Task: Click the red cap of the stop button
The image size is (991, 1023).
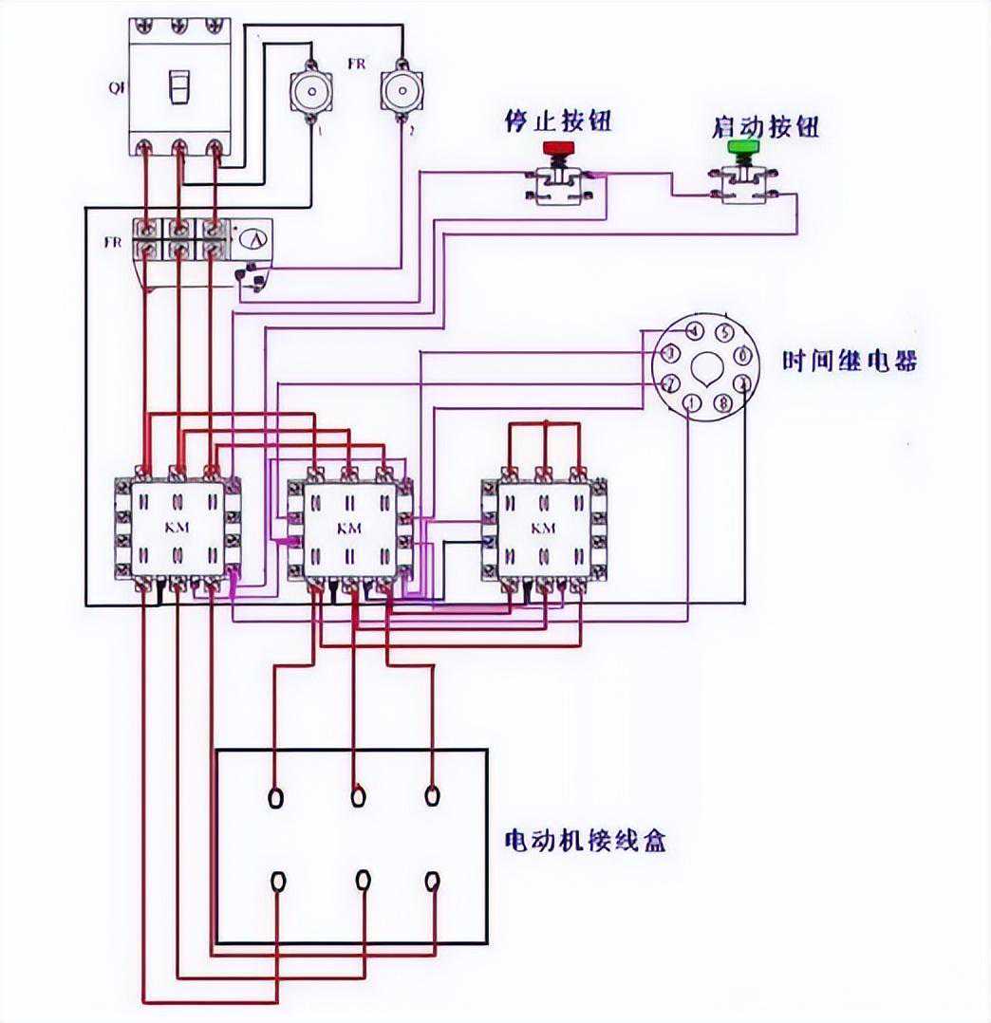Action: click(x=558, y=148)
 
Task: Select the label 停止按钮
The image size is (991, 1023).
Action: click(x=557, y=122)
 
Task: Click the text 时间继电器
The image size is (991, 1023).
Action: click(x=850, y=362)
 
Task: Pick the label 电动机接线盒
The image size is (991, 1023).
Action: click(x=584, y=840)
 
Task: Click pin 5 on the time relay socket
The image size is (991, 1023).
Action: click(x=723, y=333)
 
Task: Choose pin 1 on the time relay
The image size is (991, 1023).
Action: click(x=693, y=404)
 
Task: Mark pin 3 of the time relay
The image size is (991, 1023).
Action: click(x=670, y=354)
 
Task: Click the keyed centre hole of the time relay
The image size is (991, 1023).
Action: click(x=707, y=368)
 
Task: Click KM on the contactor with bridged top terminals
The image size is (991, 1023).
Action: click(x=543, y=528)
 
